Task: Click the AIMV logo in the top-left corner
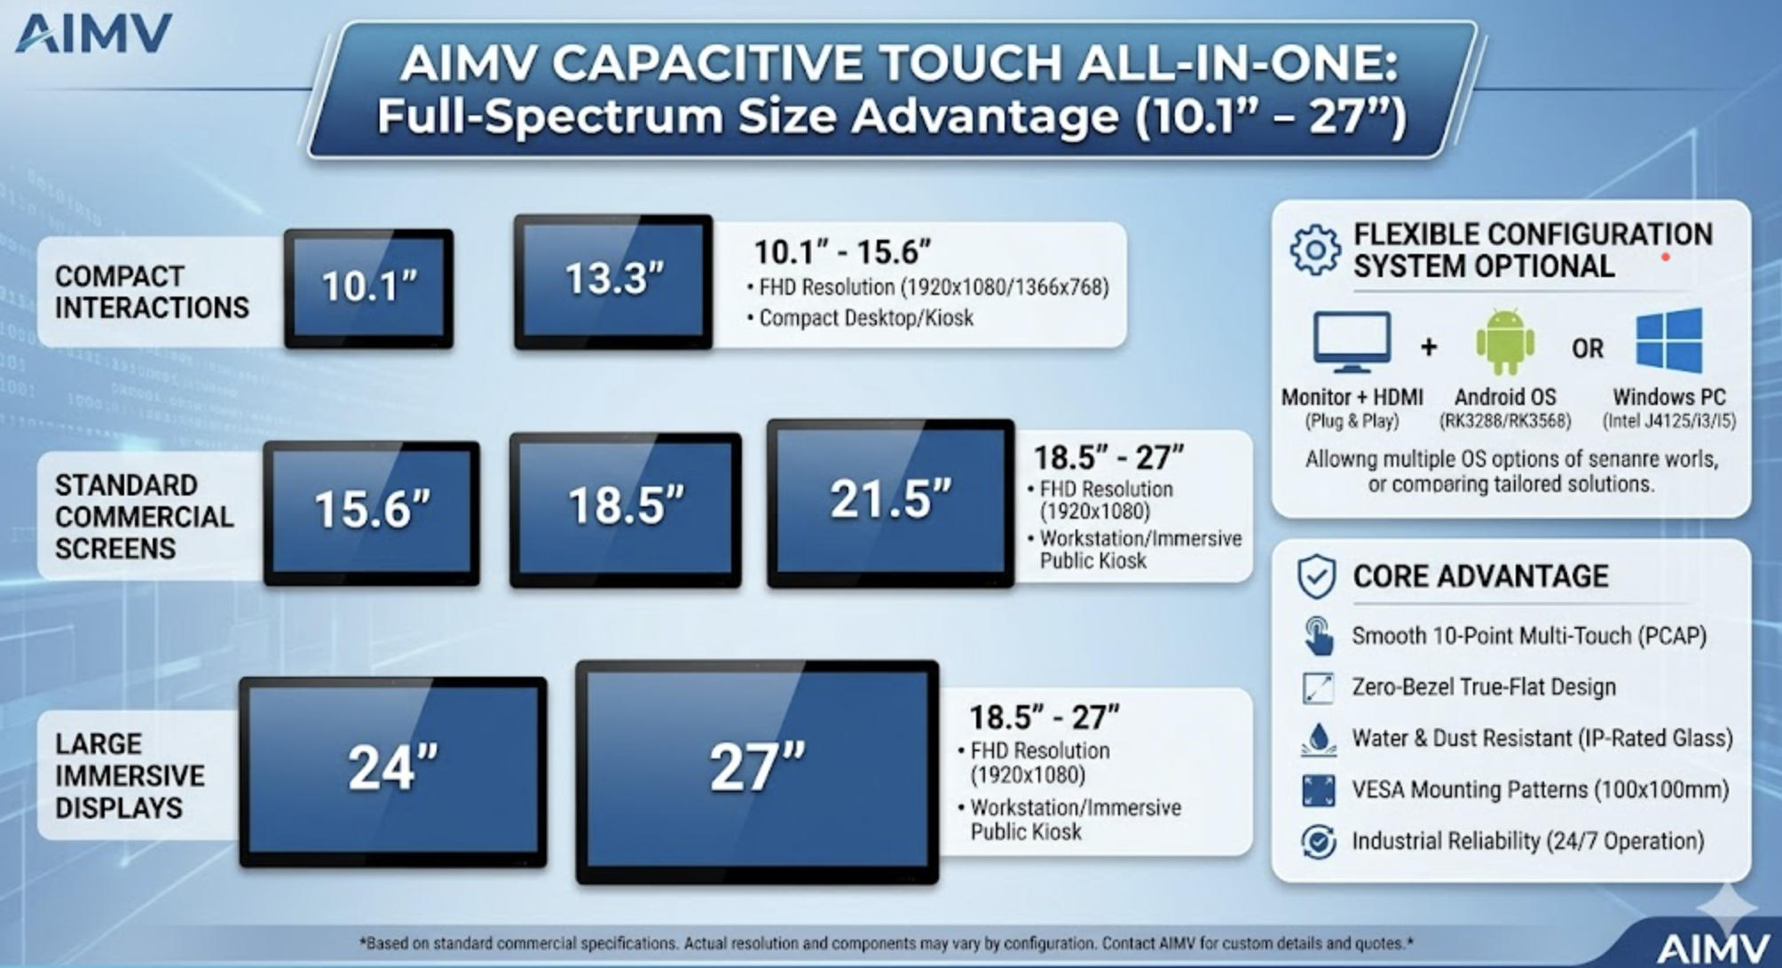[x=93, y=34]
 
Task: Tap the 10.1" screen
[x=369, y=289]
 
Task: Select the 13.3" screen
[x=613, y=282]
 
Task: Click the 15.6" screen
[x=372, y=512]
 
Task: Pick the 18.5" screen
[x=626, y=509]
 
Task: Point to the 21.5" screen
[x=891, y=503]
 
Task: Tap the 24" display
[x=393, y=771]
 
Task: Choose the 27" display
[x=757, y=771]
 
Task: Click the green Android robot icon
[x=1505, y=342]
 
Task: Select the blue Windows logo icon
[x=1669, y=341]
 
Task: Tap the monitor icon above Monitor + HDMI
[x=1352, y=342]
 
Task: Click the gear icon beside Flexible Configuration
[x=1315, y=250]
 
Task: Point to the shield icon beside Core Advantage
[x=1316, y=577]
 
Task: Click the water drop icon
[x=1319, y=739]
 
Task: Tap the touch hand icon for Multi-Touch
[x=1319, y=636]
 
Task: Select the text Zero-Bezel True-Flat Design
[x=1484, y=686]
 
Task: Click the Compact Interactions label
[x=152, y=291]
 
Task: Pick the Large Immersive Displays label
[x=130, y=775]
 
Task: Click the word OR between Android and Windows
[x=1588, y=348]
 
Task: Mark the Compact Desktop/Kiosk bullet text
[x=865, y=317]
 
